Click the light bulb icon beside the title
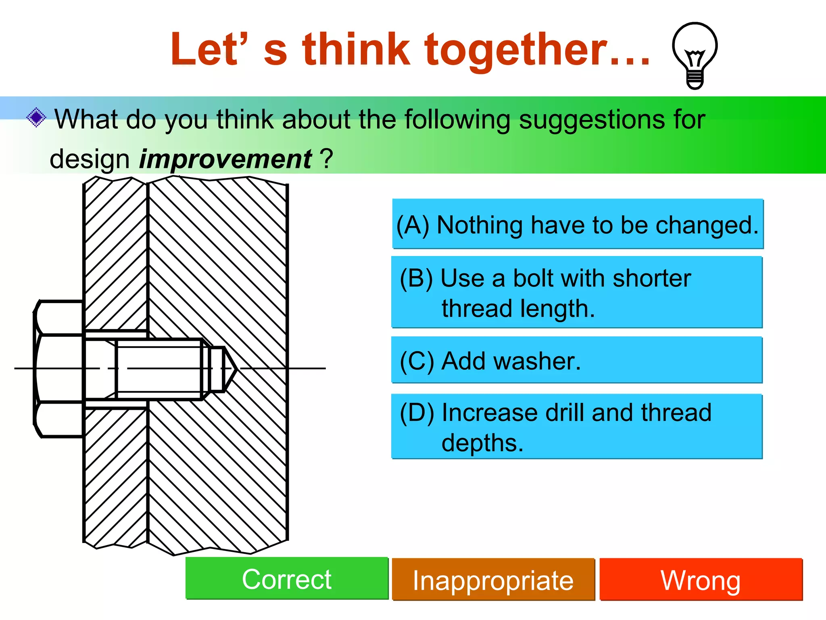pos(695,55)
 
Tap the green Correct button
pos(287,579)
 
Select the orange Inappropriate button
pos(493,580)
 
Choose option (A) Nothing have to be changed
pos(578,224)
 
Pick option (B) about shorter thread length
pos(577,293)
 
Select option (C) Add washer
pos(577,360)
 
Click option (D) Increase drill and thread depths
pos(577,427)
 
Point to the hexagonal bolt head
pos(59,369)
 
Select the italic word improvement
pos(225,159)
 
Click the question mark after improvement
pos(327,159)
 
